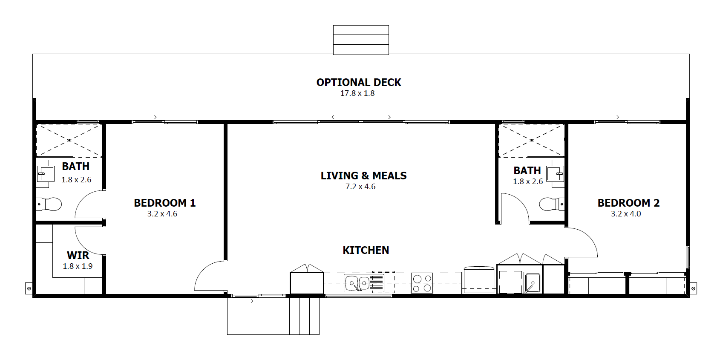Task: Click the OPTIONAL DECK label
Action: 359,83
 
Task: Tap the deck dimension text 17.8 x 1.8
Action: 357,93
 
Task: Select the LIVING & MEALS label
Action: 364,176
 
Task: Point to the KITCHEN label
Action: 366,250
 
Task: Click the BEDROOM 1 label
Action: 164,203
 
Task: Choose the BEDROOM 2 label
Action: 629,203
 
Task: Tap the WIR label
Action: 78,255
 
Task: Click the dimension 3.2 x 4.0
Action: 626,214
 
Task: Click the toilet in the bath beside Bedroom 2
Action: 552,204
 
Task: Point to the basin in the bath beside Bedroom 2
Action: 556,174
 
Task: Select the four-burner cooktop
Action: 422,283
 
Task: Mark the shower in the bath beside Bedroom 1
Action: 69,141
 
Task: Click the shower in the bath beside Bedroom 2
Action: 532,141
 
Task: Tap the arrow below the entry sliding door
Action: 249,301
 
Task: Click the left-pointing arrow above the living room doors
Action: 335,117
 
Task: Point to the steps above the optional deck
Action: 361,40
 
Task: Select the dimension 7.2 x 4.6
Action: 360,187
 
